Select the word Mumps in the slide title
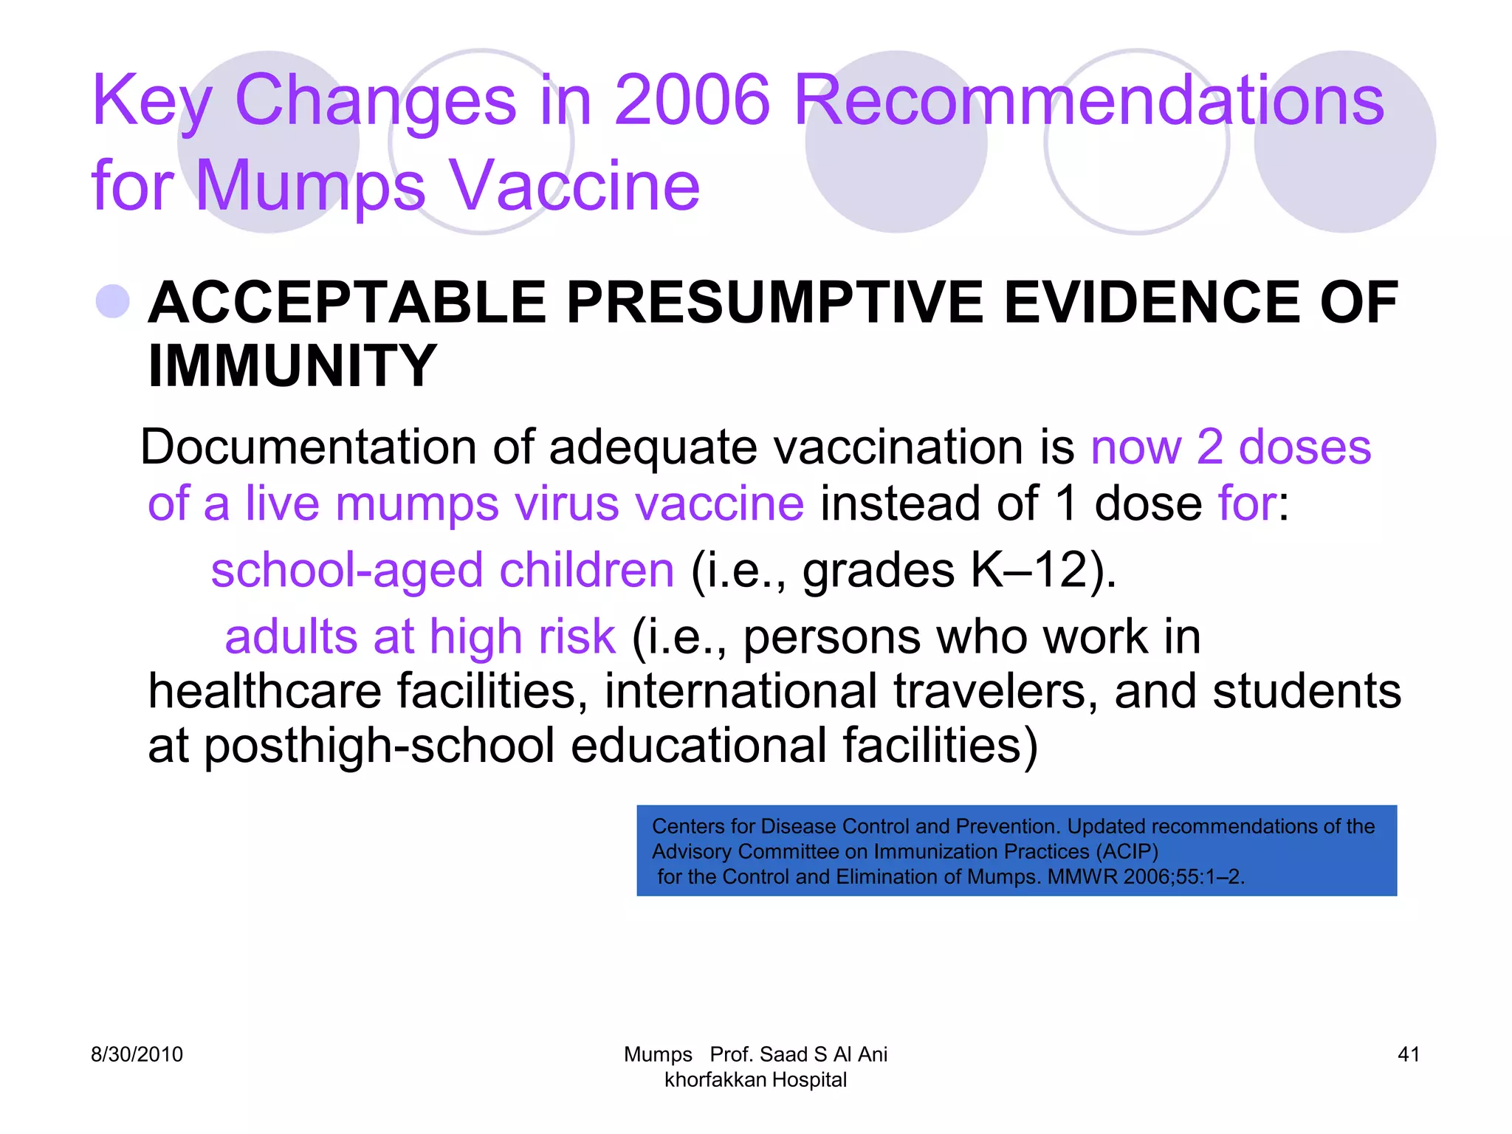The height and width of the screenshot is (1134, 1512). (310, 185)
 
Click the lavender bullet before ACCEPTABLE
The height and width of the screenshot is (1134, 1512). (113, 301)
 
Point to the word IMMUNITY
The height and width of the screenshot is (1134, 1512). (292, 365)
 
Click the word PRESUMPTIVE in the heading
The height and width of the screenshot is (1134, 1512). (774, 303)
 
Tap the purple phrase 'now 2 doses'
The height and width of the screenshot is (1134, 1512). (1230, 447)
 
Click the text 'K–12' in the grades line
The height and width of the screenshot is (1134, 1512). (1028, 570)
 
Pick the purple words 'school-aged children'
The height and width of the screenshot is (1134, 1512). (442, 570)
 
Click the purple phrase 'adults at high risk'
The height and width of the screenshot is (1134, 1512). (419, 636)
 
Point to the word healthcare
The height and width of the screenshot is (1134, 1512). (264, 691)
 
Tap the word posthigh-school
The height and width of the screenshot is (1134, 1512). (379, 746)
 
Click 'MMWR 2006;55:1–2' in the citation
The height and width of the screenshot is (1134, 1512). (1144, 876)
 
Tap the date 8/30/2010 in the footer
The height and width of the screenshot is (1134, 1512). (137, 1054)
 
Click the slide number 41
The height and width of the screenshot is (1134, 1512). (1409, 1054)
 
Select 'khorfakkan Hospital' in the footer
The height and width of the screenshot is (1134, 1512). (755, 1080)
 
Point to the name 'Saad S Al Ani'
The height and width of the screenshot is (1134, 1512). (823, 1054)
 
